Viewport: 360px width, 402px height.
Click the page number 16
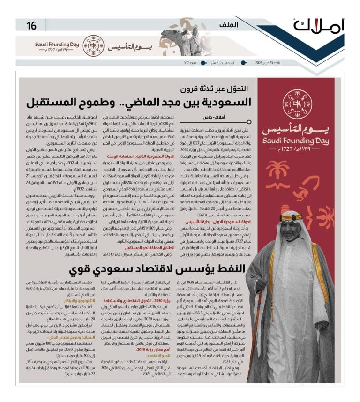click(x=31, y=26)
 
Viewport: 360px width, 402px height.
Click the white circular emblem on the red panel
click(x=297, y=104)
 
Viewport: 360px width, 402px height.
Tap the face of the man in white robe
click(x=291, y=228)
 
